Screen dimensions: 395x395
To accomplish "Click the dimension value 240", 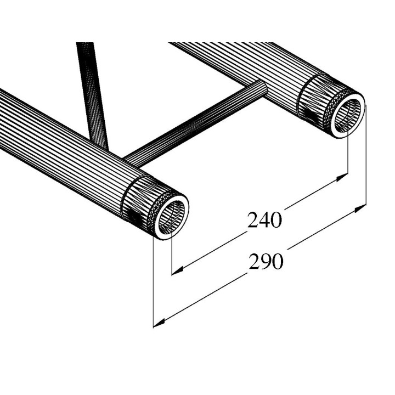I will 264,220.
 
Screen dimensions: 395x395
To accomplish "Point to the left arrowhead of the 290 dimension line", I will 158,323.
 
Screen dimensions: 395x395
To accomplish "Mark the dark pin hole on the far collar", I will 311,116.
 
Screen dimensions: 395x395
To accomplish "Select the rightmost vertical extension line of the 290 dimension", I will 365,159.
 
